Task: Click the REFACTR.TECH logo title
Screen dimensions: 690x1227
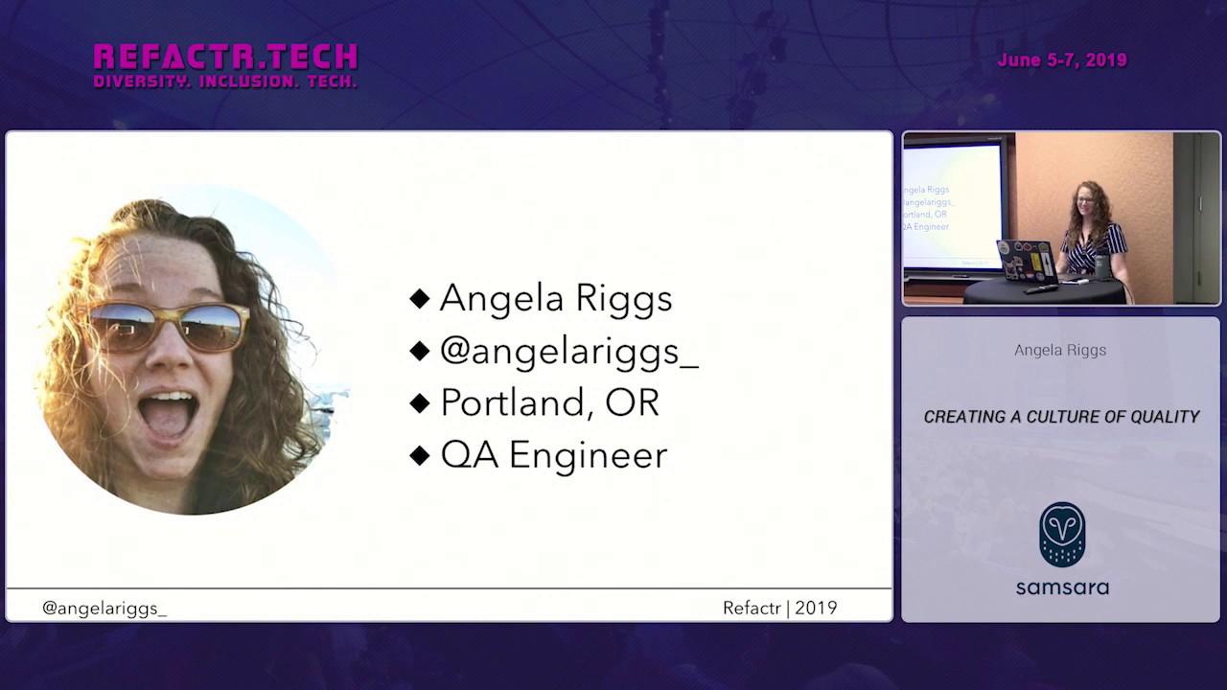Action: tap(225, 56)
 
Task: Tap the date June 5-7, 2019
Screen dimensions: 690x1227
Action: tap(1061, 60)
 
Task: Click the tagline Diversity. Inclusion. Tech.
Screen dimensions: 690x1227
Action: tap(225, 82)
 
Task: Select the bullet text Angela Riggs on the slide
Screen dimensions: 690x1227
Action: tap(555, 298)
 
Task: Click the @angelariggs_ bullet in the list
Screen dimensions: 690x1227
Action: tap(568, 351)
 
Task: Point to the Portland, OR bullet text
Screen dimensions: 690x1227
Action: tap(549, 402)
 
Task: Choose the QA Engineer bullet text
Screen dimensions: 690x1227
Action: tap(553, 454)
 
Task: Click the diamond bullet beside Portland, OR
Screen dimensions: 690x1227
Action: tap(419, 403)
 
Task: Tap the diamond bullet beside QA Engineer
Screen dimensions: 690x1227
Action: tap(419, 455)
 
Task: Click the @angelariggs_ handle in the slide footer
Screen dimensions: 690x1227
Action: tap(104, 608)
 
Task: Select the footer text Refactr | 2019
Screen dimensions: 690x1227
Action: tap(779, 608)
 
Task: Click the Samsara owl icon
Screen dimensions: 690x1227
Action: tap(1062, 535)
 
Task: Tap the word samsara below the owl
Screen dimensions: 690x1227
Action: tap(1062, 586)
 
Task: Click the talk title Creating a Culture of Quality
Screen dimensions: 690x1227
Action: tap(1061, 417)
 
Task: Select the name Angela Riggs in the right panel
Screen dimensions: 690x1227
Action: tap(1060, 350)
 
